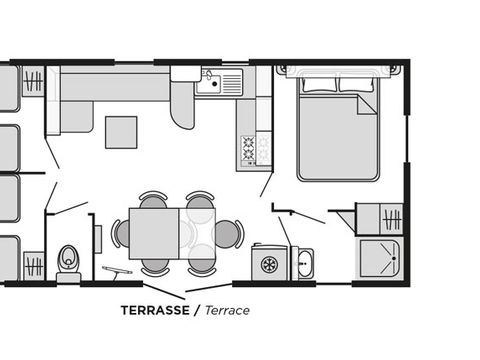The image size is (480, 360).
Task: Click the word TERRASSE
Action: (155, 310)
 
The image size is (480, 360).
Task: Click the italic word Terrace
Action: (227, 310)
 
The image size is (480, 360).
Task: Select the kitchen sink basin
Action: (208, 83)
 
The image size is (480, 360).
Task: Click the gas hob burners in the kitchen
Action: (249, 148)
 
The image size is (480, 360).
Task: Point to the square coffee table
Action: (121, 132)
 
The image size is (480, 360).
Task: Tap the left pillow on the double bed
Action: (319, 84)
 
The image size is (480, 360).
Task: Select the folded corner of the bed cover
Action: (367, 104)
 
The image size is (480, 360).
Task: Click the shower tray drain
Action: (394, 258)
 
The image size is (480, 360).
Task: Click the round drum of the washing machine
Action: (269, 264)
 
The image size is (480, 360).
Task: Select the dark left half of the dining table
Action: (154, 234)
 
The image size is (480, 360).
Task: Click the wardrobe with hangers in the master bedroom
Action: (391, 219)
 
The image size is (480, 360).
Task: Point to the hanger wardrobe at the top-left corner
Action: (33, 81)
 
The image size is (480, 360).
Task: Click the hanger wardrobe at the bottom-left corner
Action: (34, 266)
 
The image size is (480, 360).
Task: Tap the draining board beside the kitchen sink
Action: (232, 83)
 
